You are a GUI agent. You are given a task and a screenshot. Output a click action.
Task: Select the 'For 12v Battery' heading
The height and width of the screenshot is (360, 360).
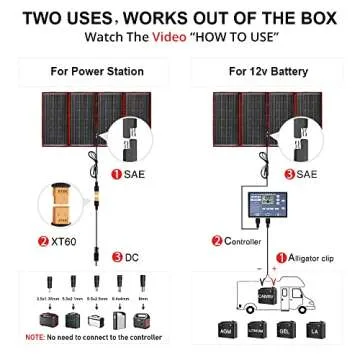pyautogui.click(x=267, y=71)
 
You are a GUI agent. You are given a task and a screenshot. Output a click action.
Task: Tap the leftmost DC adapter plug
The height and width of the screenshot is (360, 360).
pyautogui.click(x=42, y=283)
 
